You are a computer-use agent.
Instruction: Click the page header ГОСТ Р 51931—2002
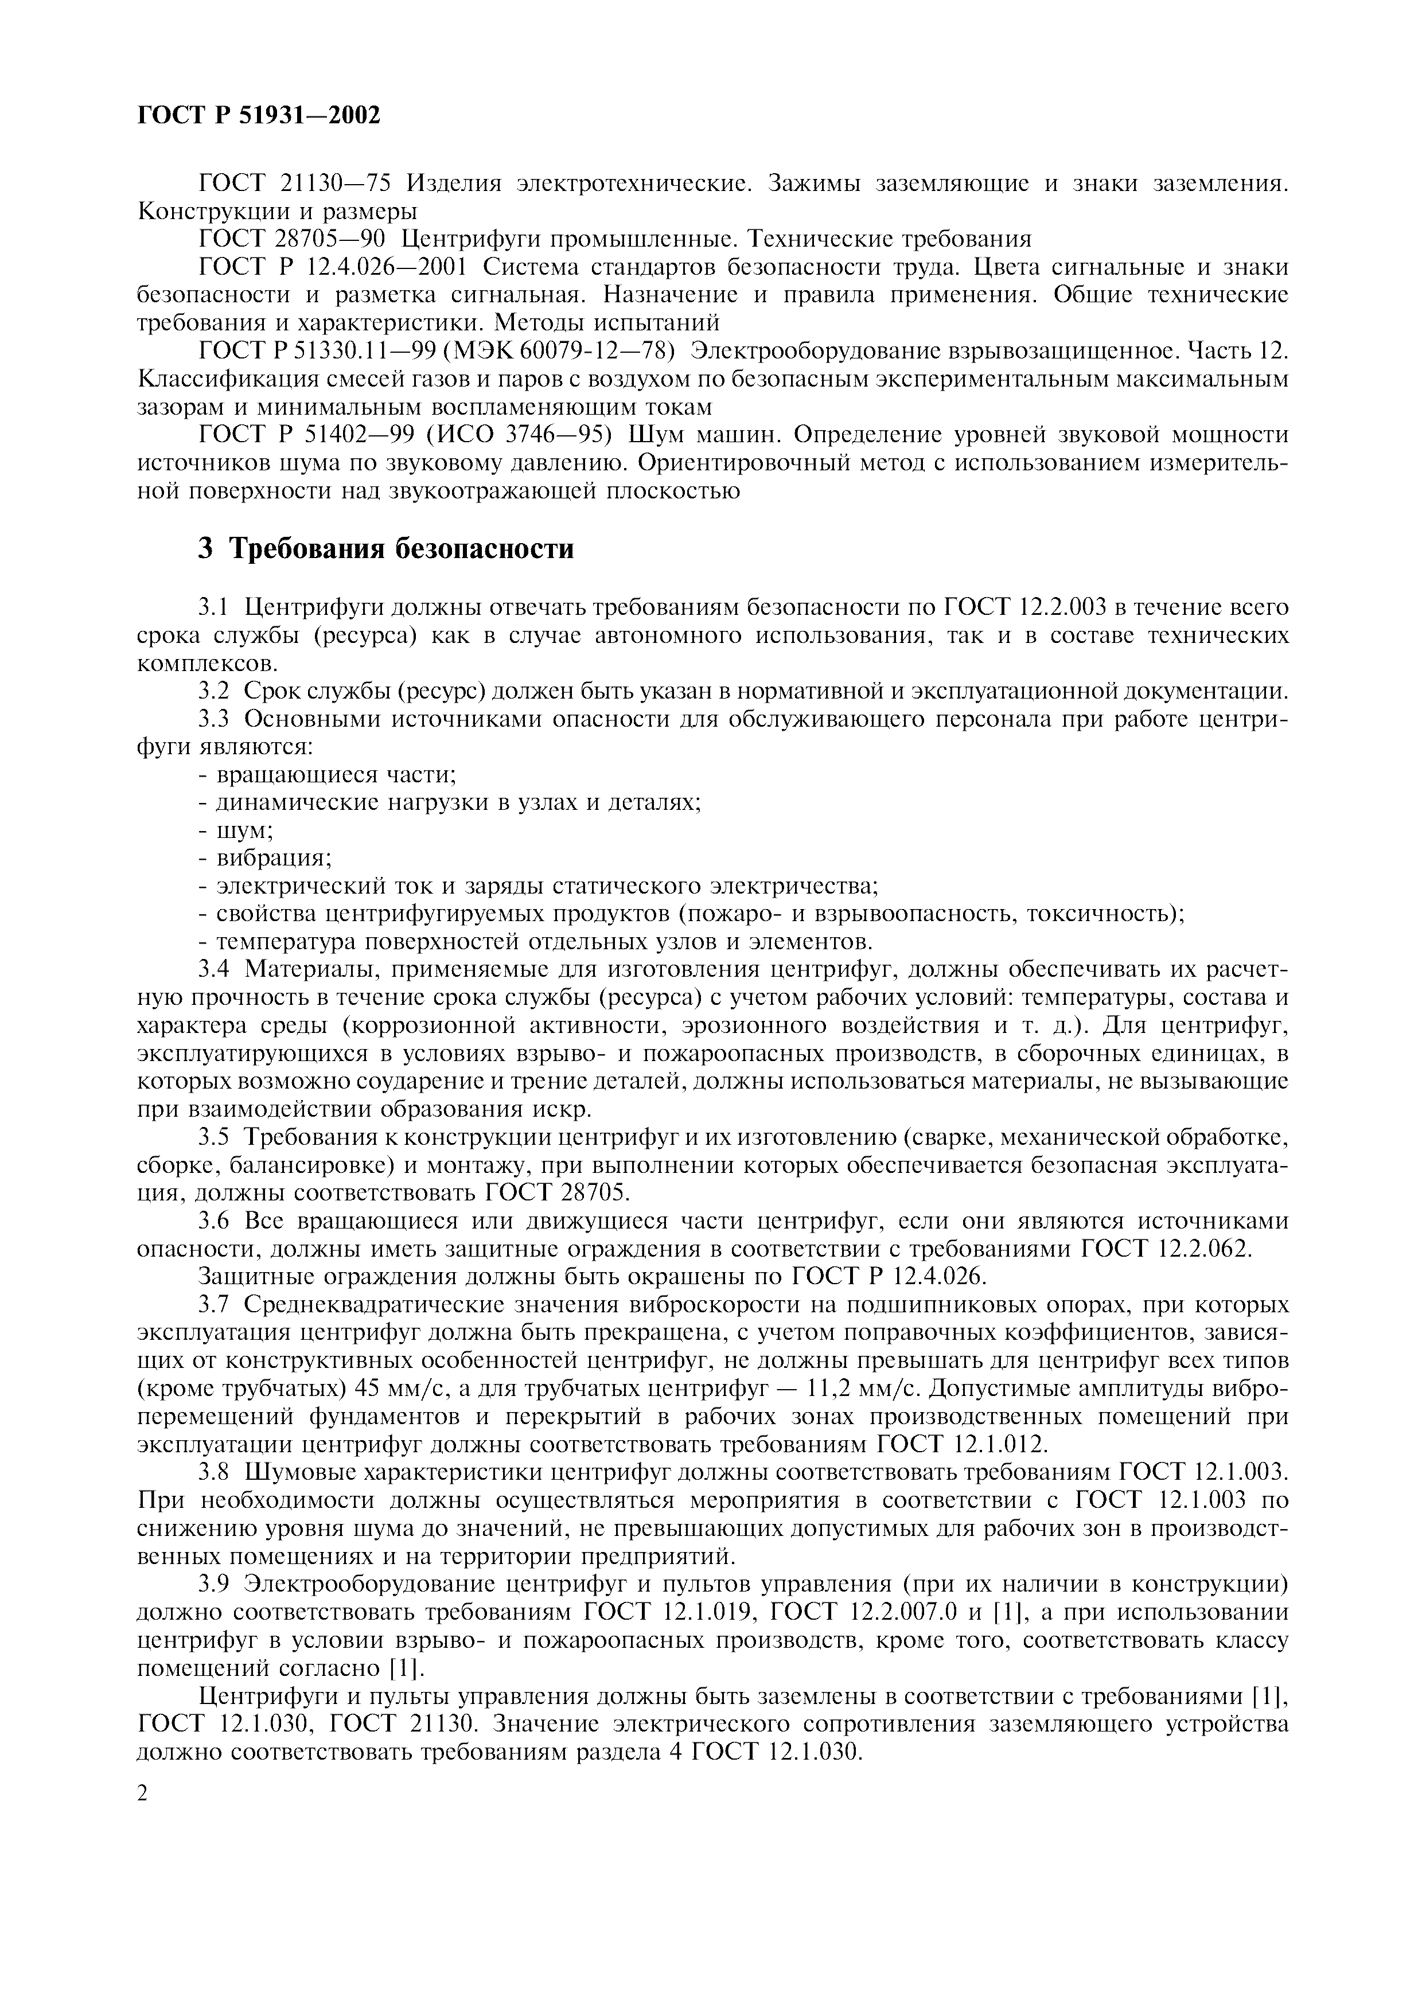(259, 115)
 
